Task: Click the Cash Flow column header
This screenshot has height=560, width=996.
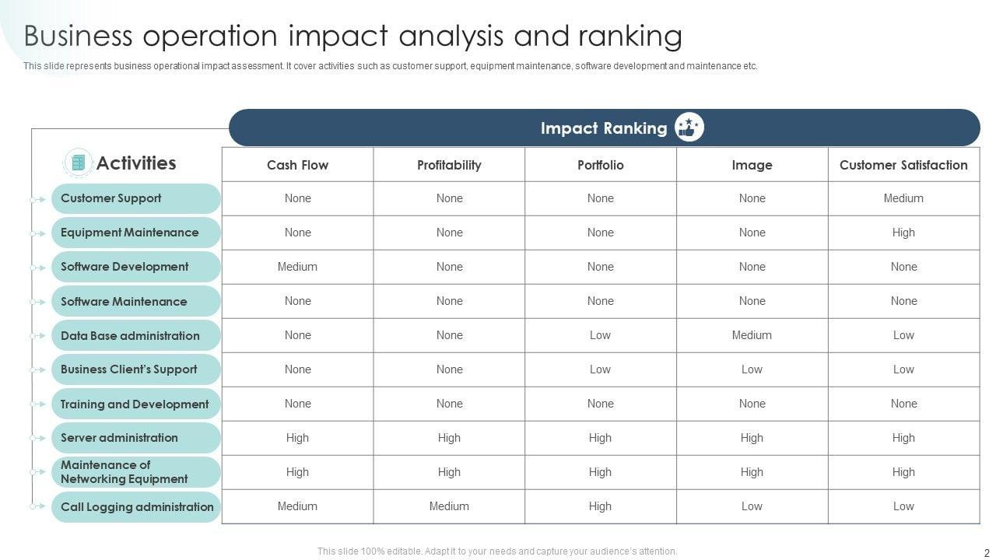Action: click(x=297, y=165)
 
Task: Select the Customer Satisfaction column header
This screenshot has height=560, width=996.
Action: click(x=903, y=165)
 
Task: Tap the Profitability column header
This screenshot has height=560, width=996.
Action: click(x=449, y=165)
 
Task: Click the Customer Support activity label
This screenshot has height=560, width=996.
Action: click(x=111, y=198)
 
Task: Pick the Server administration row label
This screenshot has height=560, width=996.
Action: click(x=119, y=438)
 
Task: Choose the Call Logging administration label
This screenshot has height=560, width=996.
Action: click(x=137, y=507)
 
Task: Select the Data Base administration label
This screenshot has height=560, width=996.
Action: click(x=130, y=336)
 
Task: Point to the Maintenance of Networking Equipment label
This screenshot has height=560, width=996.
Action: click(x=124, y=472)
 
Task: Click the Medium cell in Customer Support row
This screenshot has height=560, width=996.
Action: click(x=903, y=198)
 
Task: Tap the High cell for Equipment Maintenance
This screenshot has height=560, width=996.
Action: click(x=903, y=233)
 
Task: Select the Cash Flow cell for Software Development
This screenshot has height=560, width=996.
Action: click(x=297, y=267)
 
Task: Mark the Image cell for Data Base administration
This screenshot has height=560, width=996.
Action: click(x=752, y=335)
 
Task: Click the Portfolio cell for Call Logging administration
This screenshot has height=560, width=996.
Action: click(x=600, y=506)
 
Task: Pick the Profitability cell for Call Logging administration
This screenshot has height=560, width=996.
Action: click(x=449, y=506)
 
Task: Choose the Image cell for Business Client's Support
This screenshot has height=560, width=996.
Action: click(x=752, y=369)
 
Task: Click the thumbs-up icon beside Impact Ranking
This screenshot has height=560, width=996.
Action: click(x=689, y=128)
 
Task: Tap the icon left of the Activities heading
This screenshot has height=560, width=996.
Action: click(x=78, y=163)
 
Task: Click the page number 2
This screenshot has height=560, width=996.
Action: click(x=987, y=552)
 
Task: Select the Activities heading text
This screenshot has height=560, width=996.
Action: click(x=136, y=163)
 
